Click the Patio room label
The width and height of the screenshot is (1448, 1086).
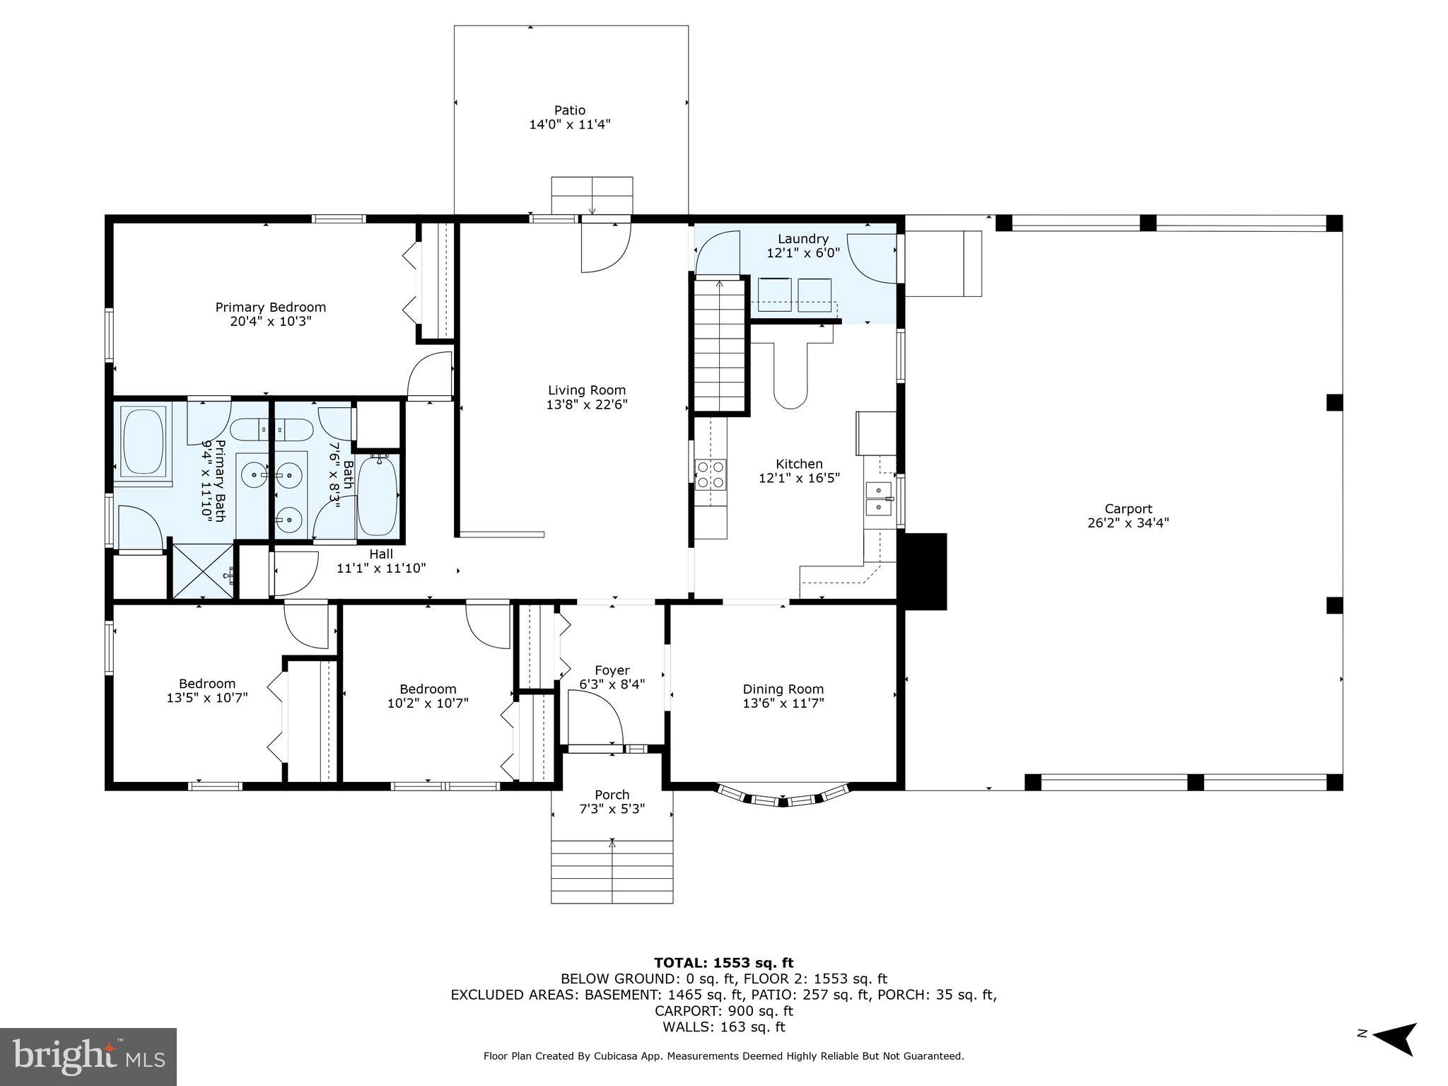(x=569, y=110)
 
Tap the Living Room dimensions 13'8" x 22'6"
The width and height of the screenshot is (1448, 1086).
(x=587, y=405)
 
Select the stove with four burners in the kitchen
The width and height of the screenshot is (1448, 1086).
(x=710, y=474)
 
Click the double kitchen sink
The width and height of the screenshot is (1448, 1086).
(x=878, y=498)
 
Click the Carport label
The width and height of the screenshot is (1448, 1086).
(x=1128, y=509)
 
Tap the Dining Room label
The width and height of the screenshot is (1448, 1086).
(x=783, y=689)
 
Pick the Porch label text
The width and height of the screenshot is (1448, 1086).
(x=612, y=795)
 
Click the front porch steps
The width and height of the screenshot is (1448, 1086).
(x=612, y=871)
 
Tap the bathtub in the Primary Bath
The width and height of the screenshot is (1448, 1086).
(x=144, y=440)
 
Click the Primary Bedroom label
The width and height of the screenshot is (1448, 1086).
(x=270, y=308)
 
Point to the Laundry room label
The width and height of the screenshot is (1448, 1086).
(x=802, y=239)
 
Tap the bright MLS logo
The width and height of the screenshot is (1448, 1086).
(x=88, y=1056)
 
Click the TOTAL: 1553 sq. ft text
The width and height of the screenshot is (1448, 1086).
(x=723, y=963)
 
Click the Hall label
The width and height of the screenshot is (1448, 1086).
(x=381, y=554)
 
